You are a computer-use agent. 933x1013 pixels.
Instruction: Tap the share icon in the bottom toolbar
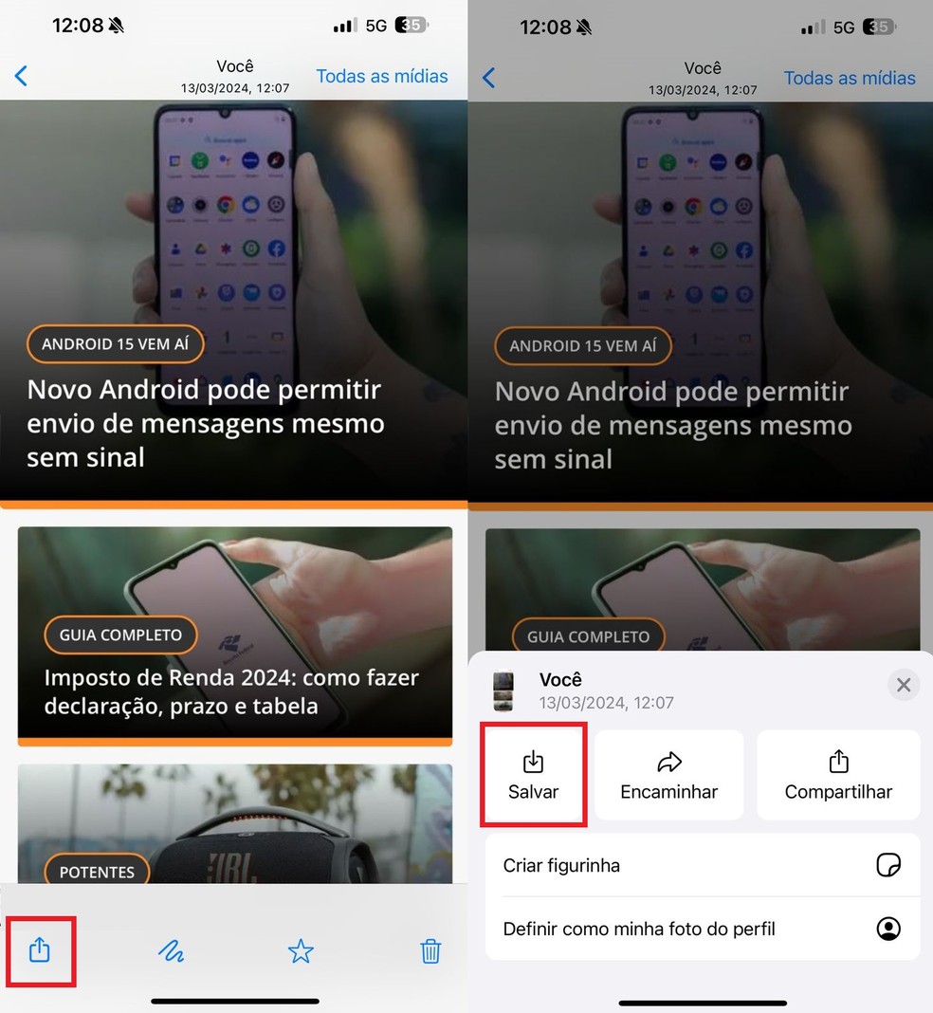click(39, 949)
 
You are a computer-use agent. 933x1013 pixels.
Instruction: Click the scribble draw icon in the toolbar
click(171, 950)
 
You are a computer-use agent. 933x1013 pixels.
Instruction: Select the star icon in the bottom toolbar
click(301, 950)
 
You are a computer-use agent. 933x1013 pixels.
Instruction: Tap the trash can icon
click(430, 950)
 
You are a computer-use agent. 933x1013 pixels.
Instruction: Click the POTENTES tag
click(97, 872)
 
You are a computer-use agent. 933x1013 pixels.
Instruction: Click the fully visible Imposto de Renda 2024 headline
click(231, 691)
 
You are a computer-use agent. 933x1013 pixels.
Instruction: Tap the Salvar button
click(534, 775)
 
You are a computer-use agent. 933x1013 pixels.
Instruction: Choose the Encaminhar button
click(669, 775)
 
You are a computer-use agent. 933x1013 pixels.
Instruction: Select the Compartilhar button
click(838, 775)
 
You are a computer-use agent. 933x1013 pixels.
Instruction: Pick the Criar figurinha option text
click(561, 865)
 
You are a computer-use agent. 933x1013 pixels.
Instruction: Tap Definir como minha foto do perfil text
click(639, 929)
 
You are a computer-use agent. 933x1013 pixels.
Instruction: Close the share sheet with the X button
click(904, 685)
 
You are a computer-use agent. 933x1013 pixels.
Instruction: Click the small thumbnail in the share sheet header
click(503, 691)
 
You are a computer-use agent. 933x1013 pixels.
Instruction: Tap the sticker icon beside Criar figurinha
click(888, 865)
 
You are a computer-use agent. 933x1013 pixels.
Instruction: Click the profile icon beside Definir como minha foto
click(888, 929)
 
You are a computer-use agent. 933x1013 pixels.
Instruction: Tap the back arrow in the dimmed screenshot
click(489, 78)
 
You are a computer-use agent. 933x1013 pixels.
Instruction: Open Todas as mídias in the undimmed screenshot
click(382, 76)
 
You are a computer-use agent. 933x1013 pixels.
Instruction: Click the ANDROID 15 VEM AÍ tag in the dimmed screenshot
click(582, 346)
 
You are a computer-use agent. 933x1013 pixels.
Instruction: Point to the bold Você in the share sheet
click(560, 680)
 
